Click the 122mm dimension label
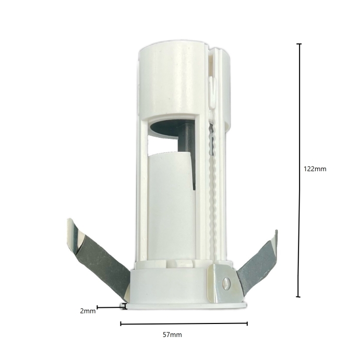[x=315, y=169]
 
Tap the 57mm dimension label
[x=172, y=335]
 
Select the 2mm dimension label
[x=88, y=311]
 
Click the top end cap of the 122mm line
[x=299, y=44]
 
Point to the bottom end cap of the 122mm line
[x=298, y=297]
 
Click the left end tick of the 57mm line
[x=121, y=323]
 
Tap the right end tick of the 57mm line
[x=247, y=323]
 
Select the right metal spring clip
[x=257, y=264]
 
